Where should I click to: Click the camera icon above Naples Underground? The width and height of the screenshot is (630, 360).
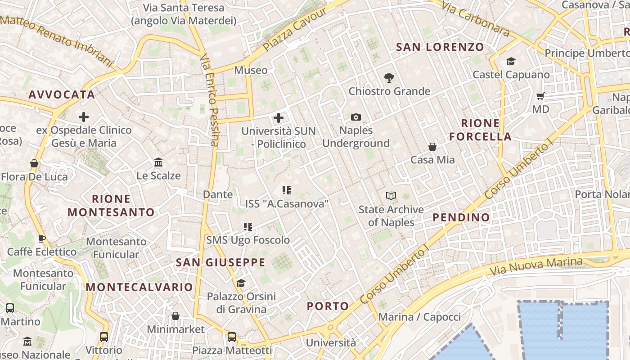pyautogui.click(x=356, y=117)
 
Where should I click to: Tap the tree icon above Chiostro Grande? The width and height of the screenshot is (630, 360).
pyautogui.click(x=389, y=78)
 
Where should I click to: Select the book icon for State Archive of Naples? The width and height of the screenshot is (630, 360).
pyautogui.click(x=391, y=196)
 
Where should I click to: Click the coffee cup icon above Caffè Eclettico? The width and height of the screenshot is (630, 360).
pyautogui.click(x=41, y=238)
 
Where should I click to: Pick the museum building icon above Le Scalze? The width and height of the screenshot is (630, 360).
pyautogui.click(x=158, y=162)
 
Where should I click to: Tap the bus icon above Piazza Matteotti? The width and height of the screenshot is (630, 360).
pyautogui.click(x=232, y=337)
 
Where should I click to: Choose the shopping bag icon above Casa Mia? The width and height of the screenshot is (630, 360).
pyautogui.click(x=432, y=147)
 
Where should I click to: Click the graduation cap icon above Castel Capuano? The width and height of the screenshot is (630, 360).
pyautogui.click(x=511, y=61)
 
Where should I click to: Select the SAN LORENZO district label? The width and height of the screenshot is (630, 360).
pyautogui.click(x=440, y=47)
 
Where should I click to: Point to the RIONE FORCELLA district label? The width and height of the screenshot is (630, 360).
pyautogui.click(x=481, y=130)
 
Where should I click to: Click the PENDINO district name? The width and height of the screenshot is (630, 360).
pyautogui.click(x=461, y=217)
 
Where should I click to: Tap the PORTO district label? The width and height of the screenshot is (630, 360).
pyautogui.click(x=328, y=306)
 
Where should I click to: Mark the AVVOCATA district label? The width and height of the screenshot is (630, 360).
pyautogui.click(x=62, y=94)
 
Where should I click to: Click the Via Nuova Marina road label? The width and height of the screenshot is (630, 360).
pyautogui.click(x=535, y=266)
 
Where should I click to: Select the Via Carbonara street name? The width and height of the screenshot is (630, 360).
pyautogui.click(x=476, y=18)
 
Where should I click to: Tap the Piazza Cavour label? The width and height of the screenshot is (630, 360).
pyautogui.click(x=295, y=29)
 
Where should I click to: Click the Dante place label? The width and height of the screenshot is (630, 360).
pyautogui.click(x=218, y=194)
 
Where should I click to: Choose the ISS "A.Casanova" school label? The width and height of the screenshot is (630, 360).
pyautogui.click(x=287, y=204)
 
